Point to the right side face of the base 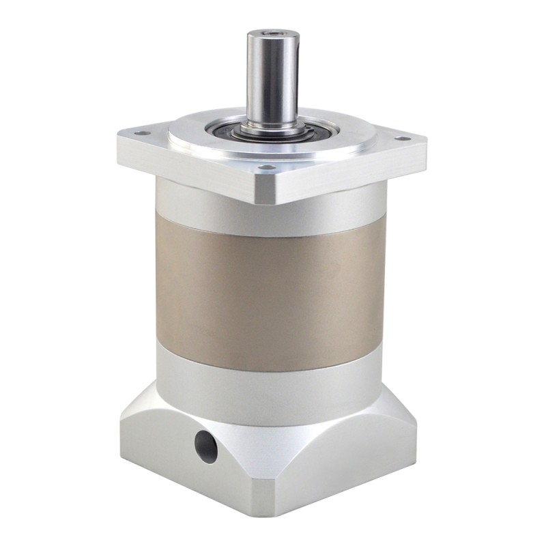click(348, 471)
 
